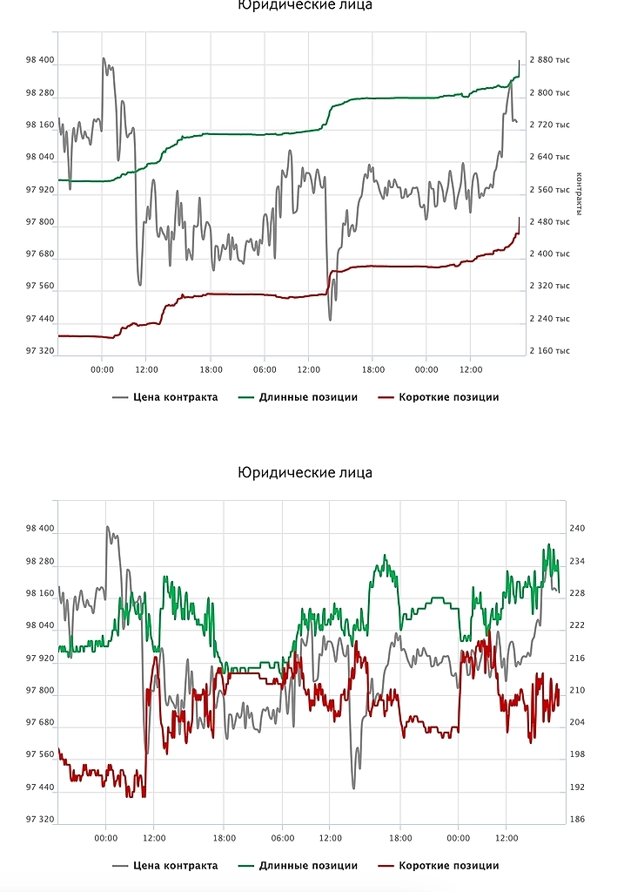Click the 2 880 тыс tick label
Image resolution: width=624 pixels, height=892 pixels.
(x=549, y=60)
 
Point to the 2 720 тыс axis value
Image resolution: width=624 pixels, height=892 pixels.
(x=549, y=125)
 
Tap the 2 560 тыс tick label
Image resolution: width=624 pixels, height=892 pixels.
(x=549, y=189)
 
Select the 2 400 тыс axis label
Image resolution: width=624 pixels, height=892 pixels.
(x=549, y=253)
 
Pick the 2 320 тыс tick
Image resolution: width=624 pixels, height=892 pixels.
(x=549, y=286)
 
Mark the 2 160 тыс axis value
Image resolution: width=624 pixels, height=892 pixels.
(x=549, y=350)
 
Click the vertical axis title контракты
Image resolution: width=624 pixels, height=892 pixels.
(x=578, y=195)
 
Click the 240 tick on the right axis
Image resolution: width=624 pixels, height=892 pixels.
(x=576, y=528)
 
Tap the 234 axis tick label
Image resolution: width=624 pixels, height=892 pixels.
(x=576, y=561)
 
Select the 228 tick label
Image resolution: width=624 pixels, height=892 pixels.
(x=576, y=593)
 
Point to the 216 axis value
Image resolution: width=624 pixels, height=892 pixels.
(x=576, y=658)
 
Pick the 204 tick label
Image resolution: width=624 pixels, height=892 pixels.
(x=576, y=722)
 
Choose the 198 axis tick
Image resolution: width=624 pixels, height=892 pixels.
(x=576, y=754)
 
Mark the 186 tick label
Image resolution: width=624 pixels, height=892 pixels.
(x=576, y=819)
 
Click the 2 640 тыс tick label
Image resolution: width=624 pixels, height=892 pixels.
(x=549, y=157)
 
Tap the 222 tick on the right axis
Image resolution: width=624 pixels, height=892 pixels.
(x=576, y=625)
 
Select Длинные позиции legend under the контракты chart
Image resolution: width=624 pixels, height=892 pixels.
(x=307, y=397)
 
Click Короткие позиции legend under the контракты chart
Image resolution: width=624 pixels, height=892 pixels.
(x=448, y=397)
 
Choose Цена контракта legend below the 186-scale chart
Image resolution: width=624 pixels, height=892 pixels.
(x=175, y=866)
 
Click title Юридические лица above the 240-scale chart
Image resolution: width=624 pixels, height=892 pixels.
(x=305, y=472)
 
